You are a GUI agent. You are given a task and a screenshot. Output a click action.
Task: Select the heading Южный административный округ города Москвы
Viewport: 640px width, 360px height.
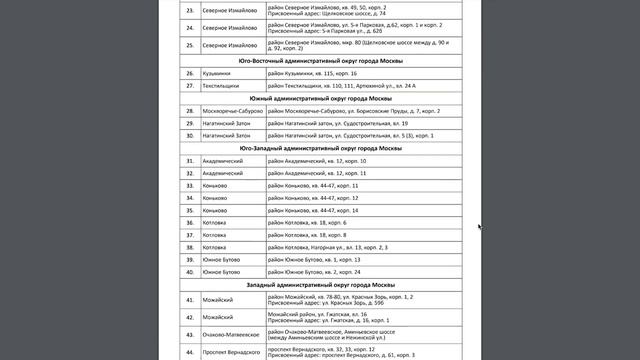click(x=320, y=99)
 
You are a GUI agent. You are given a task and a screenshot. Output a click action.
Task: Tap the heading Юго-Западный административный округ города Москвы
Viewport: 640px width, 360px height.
click(x=320, y=148)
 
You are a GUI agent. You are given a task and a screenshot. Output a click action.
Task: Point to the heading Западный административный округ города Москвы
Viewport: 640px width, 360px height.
click(x=320, y=285)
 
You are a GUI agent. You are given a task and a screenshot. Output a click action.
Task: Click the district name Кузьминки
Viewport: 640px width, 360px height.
click(x=218, y=74)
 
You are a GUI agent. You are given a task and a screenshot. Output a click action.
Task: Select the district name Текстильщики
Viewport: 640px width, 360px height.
click(x=223, y=86)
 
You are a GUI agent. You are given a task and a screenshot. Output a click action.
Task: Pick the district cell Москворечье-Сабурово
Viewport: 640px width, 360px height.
click(x=232, y=111)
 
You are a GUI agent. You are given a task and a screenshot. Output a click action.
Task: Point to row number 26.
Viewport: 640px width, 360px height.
click(x=189, y=74)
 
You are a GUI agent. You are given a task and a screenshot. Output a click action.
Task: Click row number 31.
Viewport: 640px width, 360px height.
click(x=189, y=161)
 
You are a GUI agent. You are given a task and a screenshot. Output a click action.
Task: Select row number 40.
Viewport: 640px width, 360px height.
click(x=189, y=272)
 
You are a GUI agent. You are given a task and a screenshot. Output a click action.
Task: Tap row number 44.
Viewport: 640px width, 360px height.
click(x=189, y=353)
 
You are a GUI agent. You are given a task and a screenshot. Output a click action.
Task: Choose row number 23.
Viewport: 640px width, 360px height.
click(x=189, y=11)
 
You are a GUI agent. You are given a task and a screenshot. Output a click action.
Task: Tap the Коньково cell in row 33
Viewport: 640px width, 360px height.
click(x=216, y=186)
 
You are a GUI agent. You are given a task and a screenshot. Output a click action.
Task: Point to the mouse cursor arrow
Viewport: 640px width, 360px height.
click(x=479, y=227)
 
